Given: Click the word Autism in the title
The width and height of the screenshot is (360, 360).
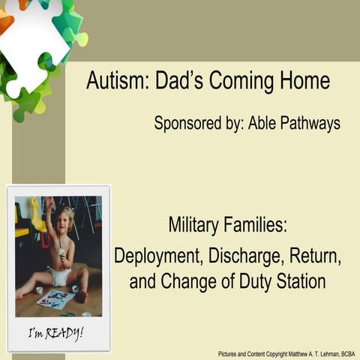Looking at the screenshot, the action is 118,80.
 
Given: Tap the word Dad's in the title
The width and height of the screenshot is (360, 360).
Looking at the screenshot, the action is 179,80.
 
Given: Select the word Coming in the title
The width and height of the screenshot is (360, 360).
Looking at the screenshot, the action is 241,82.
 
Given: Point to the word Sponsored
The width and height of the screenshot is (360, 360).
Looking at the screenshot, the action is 187,123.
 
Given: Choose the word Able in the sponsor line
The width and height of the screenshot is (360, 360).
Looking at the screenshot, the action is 262,122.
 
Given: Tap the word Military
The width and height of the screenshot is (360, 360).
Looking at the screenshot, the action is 193,226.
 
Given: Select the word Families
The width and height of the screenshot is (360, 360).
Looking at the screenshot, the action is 255,224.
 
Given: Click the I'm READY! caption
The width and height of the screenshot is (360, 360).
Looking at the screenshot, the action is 55,334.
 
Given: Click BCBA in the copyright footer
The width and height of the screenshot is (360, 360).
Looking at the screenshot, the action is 348,354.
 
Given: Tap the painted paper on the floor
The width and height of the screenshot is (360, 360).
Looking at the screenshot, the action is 55,298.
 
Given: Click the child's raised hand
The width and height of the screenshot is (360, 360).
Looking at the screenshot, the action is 49,201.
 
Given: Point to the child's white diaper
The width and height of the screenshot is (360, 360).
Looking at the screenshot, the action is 60,276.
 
